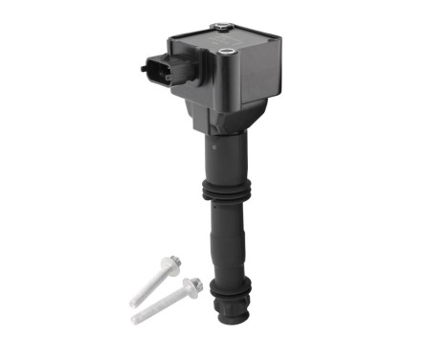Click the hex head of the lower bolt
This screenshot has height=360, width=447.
click(192, 285)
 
